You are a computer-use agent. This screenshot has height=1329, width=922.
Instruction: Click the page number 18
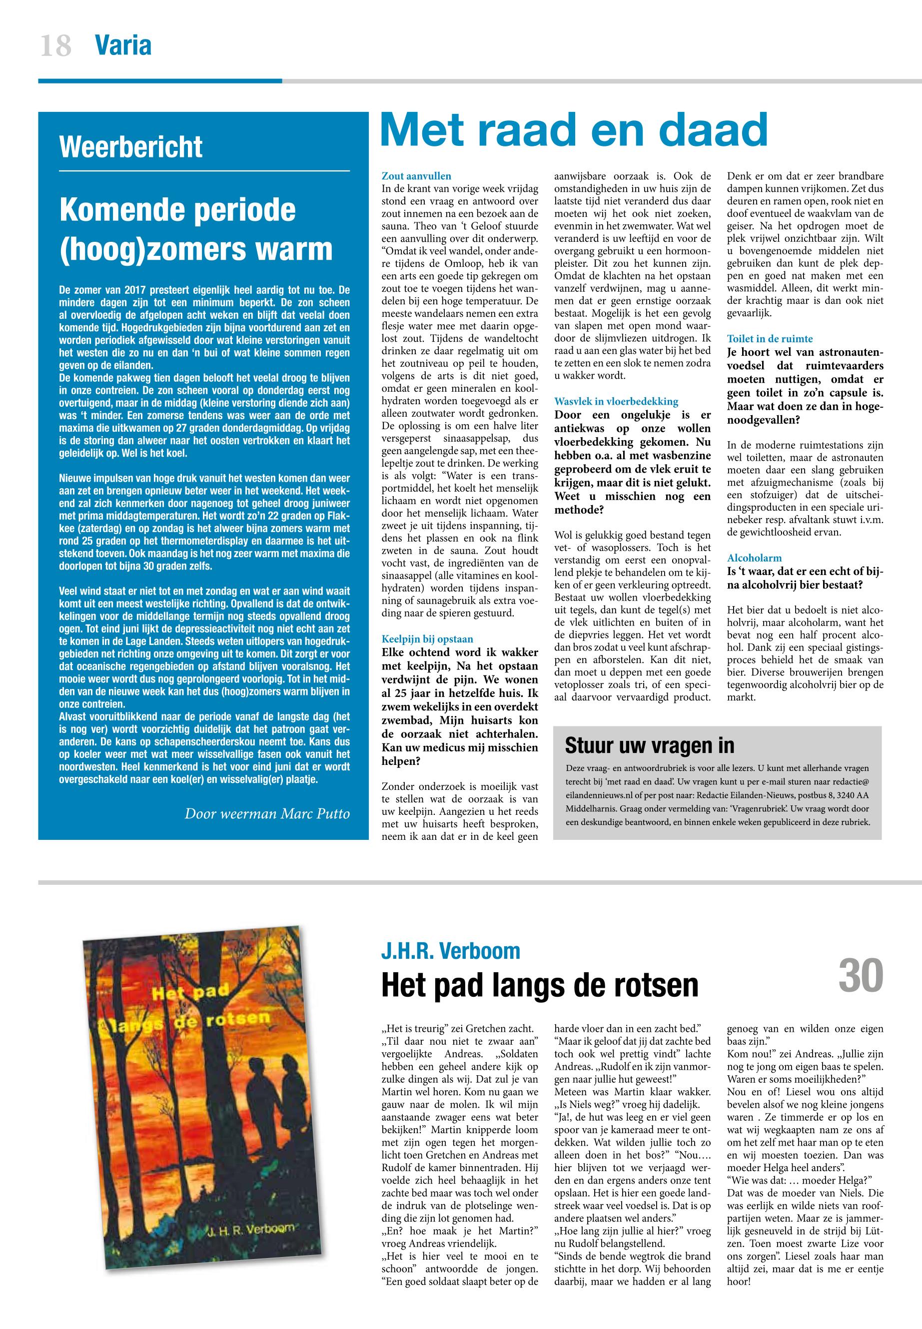coord(55,45)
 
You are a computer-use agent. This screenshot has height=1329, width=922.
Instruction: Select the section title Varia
coord(123,45)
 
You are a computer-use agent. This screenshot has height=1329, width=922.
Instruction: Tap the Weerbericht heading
coord(130,147)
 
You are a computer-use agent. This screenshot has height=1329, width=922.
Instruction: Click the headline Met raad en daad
coord(574,130)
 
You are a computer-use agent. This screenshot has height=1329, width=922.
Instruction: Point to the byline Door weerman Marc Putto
coord(267,814)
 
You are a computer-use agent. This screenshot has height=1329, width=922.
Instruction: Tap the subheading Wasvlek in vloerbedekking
coord(616,401)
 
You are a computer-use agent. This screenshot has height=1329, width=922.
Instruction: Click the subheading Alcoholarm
coord(754,558)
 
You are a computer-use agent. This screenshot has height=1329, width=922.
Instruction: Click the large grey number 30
coord(861,974)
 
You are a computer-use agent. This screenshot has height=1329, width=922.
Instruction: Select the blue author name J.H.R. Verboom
coord(451,950)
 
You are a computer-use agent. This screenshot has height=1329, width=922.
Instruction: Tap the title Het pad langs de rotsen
coord(540,985)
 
